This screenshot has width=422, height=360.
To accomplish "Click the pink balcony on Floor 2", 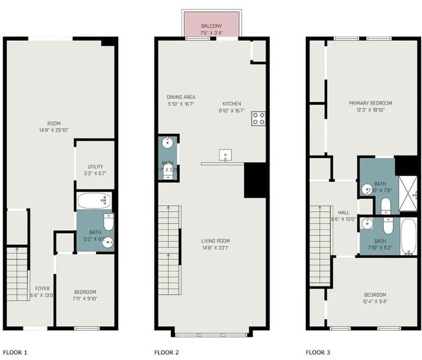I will (212, 25).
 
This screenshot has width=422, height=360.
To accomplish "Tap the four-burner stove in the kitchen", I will (258, 118).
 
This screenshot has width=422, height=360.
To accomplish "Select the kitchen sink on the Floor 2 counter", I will (226, 155).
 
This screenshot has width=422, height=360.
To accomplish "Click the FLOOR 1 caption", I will (16, 352).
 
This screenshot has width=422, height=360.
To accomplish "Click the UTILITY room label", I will (95, 166).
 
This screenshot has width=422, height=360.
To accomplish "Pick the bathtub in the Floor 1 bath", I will (94, 200).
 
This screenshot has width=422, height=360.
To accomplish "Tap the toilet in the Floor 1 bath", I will (108, 223).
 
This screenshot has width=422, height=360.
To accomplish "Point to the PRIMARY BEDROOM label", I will (371, 103).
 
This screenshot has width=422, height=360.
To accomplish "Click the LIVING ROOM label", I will (215, 241).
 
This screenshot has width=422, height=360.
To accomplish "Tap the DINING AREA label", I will (180, 96).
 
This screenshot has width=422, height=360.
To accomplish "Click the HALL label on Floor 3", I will (343, 212).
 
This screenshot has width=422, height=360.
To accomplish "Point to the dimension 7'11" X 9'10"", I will (85, 299).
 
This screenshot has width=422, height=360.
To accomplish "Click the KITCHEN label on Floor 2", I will (232, 103).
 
